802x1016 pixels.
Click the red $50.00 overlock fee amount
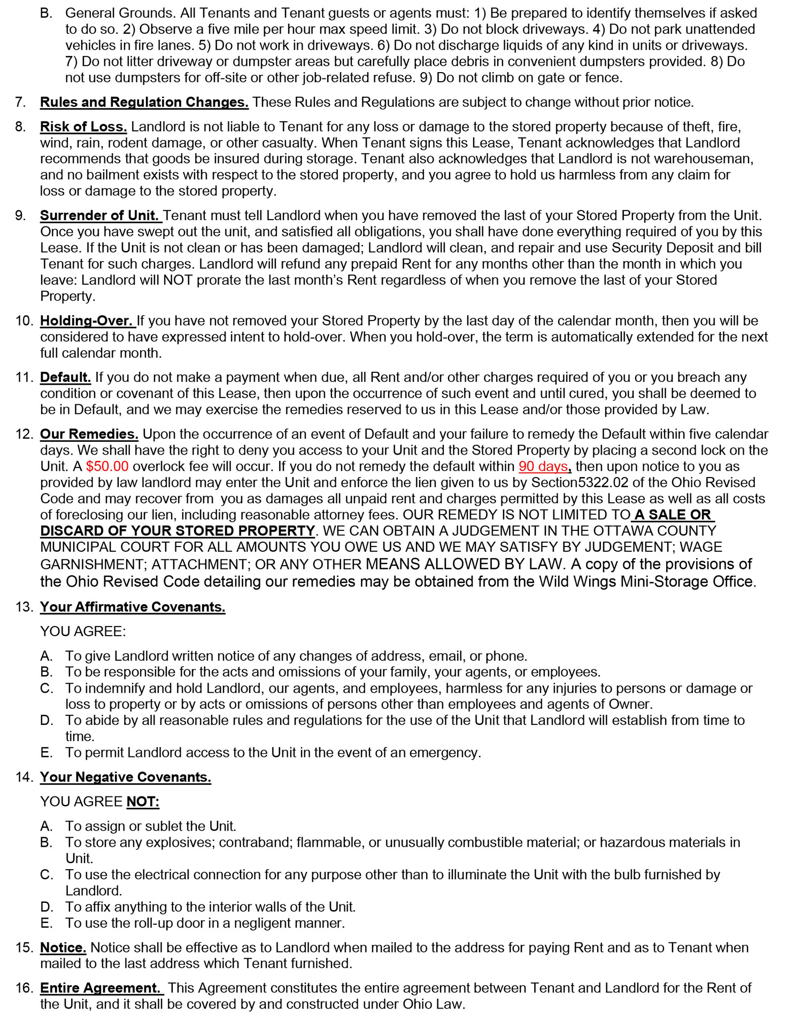107,466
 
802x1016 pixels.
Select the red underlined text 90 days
543,466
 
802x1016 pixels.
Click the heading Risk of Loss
83,127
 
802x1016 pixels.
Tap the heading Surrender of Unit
100,215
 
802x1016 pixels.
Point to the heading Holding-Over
87,321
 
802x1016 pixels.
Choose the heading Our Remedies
89,434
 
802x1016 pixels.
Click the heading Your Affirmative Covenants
133,607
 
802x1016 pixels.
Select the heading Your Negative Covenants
126,777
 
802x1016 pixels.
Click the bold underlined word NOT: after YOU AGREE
143,801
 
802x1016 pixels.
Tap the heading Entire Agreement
100,988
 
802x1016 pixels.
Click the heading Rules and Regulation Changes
144,102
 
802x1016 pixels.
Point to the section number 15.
24,947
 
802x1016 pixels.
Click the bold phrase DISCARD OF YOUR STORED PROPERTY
178,531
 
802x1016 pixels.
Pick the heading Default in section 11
65,377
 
